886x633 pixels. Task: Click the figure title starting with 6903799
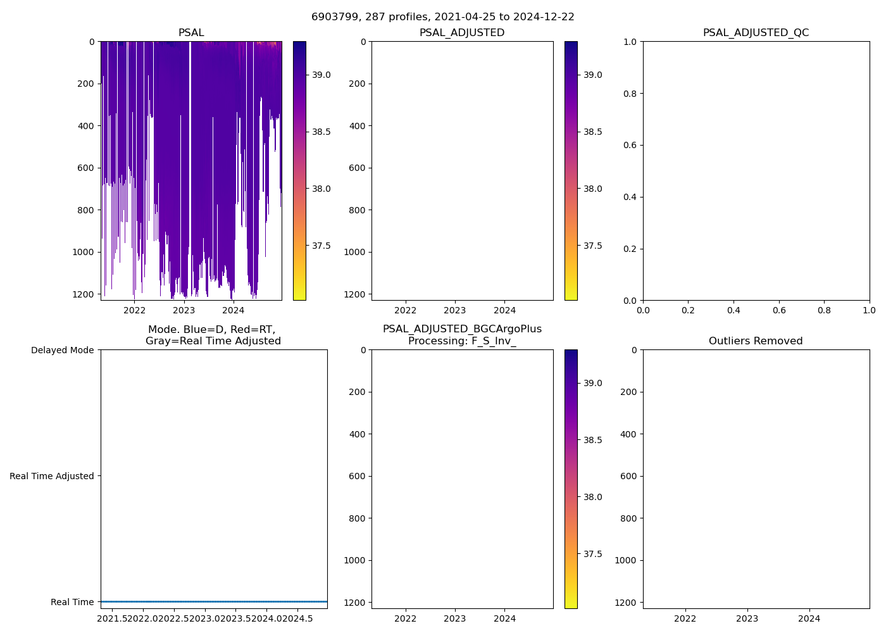coord(443,17)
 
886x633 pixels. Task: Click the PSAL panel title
coord(191,33)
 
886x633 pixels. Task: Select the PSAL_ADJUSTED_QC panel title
coord(756,33)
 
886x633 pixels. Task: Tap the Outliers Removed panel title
coord(756,341)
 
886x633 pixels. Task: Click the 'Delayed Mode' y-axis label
coord(62,350)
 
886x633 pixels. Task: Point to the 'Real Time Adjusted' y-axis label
coord(51,476)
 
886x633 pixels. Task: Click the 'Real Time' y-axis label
coord(72,602)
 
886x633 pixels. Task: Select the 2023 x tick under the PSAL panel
coord(184,310)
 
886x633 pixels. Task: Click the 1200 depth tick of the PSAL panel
coord(84,294)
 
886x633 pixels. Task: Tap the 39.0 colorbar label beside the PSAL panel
coord(321,75)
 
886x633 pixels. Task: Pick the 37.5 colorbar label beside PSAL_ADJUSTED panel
coord(593,246)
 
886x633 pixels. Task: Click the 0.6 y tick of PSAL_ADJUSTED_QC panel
coord(630,145)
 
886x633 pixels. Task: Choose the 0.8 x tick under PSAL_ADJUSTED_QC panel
coord(824,310)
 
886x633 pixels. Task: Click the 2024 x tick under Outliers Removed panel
coord(809,618)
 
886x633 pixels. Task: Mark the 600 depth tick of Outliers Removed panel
coord(627,476)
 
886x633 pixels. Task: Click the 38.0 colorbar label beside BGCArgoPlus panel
coord(593,497)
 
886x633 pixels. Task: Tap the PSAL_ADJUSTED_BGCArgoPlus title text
coord(462,329)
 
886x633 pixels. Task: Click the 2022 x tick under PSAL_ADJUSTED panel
coord(406,310)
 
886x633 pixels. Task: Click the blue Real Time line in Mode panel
coord(214,601)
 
